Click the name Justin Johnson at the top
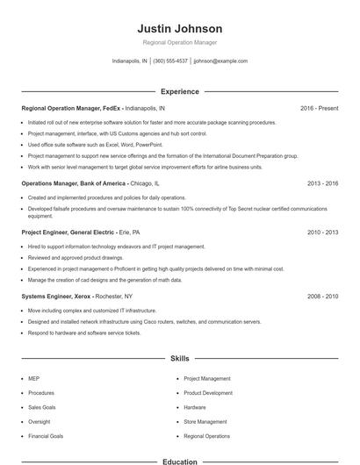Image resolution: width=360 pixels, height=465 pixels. (180, 29)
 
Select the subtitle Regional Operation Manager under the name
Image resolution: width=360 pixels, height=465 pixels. (180, 42)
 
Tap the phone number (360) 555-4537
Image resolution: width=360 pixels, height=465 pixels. (170, 61)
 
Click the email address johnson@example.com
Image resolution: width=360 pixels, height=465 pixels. (220, 61)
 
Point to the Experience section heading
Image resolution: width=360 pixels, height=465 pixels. (180, 91)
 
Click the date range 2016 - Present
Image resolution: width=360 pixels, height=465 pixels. (319, 108)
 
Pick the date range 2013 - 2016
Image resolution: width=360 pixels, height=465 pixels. (322, 183)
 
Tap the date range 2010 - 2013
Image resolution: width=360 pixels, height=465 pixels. (322, 232)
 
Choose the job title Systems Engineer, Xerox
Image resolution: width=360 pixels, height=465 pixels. (68, 297)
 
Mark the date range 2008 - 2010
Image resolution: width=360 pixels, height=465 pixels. (322, 297)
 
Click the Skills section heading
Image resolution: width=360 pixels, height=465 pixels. (180, 358)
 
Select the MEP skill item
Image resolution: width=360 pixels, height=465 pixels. (33, 379)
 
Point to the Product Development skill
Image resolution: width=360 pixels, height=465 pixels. (208, 393)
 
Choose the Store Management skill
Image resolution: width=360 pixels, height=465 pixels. (205, 422)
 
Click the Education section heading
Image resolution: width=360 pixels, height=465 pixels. (180, 461)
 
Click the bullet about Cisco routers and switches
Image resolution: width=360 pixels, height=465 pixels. (144, 322)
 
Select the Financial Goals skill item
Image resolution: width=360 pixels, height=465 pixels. (45, 436)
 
